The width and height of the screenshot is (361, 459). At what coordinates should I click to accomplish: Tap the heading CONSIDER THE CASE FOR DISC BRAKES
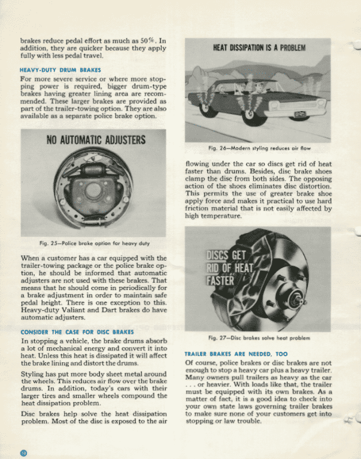click(77, 331)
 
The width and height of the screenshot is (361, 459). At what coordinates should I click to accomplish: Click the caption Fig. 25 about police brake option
click(93, 243)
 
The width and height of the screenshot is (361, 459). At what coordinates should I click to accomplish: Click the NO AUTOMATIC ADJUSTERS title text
click(96, 141)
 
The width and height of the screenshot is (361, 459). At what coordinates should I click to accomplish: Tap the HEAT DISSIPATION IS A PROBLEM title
click(258, 47)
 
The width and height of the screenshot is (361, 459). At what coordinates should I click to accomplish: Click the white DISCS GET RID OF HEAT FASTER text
click(231, 268)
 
